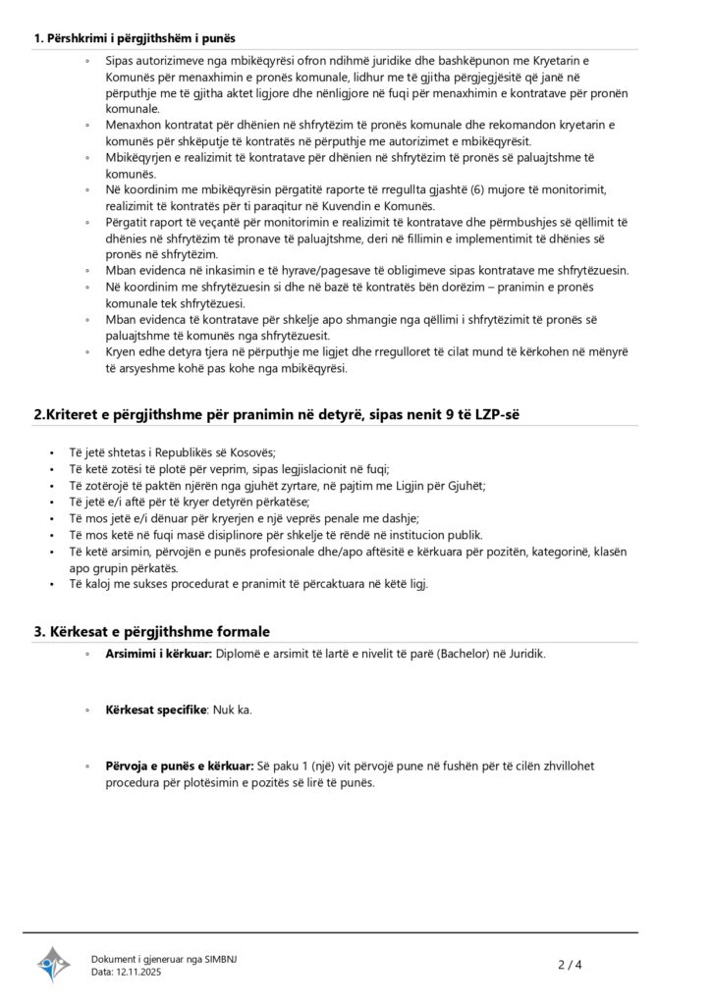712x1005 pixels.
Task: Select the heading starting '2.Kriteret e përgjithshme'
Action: point(277,414)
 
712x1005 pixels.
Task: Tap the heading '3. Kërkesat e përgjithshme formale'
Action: point(151,631)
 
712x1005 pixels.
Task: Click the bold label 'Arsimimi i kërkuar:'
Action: point(158,654)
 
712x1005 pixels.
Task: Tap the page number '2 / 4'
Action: point(571,964)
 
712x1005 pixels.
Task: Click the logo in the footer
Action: point(54,964)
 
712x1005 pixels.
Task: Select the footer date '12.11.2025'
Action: point(138,972)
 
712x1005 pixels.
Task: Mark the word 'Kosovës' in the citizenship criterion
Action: point(250,452)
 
